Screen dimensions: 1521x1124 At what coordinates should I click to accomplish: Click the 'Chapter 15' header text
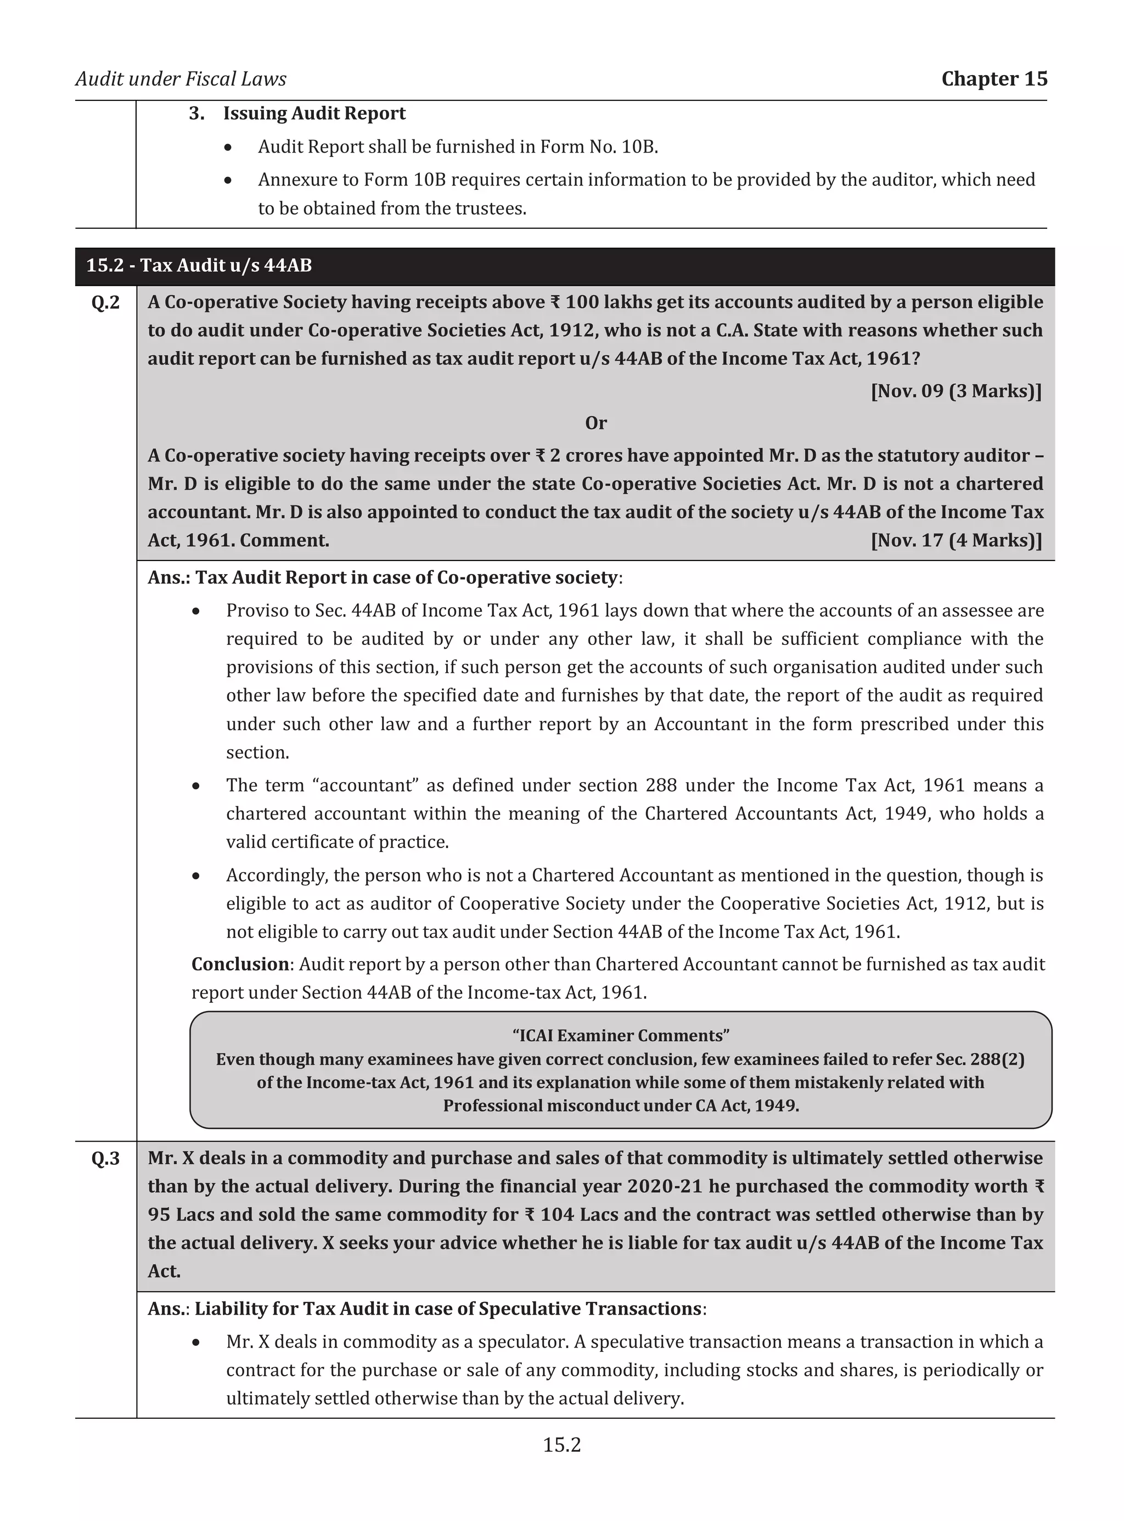(x=993, y=79)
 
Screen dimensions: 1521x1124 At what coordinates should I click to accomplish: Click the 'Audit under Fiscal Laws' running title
(x=181, y=79)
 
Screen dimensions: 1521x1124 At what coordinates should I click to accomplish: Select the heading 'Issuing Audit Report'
(x=314, y=113)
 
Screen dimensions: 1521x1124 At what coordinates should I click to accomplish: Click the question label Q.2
(x=105, y=302)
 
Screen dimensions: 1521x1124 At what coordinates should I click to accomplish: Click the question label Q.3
(x=105, y=1158)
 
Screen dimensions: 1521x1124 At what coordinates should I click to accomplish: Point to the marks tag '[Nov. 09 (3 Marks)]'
(x=956, y=391)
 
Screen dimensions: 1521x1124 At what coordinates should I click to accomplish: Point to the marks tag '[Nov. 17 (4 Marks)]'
(x=956, y=540)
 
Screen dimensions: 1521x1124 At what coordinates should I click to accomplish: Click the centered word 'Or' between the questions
(x=595, y=423)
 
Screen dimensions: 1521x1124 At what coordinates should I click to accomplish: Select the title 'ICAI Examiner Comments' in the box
(x=621, y=1035)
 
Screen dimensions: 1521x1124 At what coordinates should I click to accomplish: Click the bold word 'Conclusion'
(x=240, y=964)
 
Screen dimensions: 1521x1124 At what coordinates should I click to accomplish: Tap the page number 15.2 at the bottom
(x=561, y=1444)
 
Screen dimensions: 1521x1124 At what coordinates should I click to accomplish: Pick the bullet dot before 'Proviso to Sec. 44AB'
(x=196, y=611)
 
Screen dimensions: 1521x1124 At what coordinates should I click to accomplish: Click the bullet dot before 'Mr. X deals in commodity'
(x=196, y=1342)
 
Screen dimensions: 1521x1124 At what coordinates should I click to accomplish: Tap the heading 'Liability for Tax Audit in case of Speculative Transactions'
(x=448, y=1309)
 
